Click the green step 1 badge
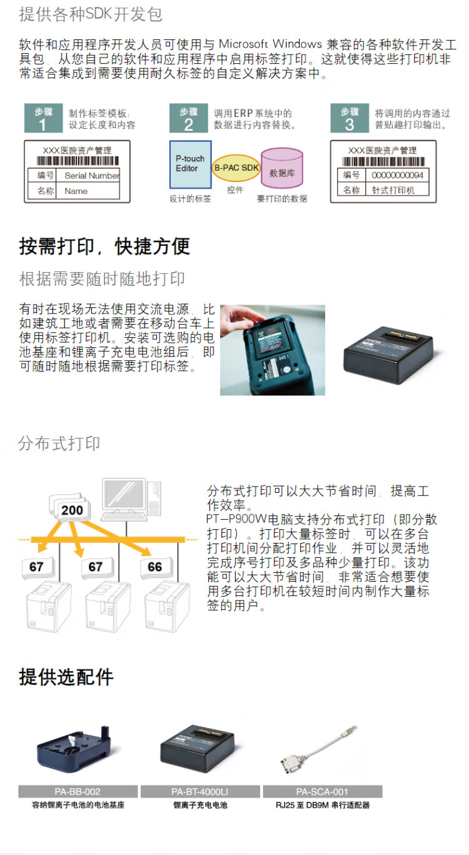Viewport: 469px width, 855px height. (43, 118)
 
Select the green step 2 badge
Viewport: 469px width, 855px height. (188, 118)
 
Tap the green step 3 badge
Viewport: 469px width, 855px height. (349, 118)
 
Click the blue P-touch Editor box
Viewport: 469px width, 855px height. (190, 164)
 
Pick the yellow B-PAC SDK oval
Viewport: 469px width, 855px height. (236, 168)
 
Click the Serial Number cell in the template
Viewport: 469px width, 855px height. (91, 176)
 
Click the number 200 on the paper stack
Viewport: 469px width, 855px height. (72, 510)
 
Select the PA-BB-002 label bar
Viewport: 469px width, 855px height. (78, 792)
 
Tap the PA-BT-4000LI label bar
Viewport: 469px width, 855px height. (200, 792)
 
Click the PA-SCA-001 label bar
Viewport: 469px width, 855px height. (322, 792)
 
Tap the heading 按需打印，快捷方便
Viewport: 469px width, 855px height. (104, 246)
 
